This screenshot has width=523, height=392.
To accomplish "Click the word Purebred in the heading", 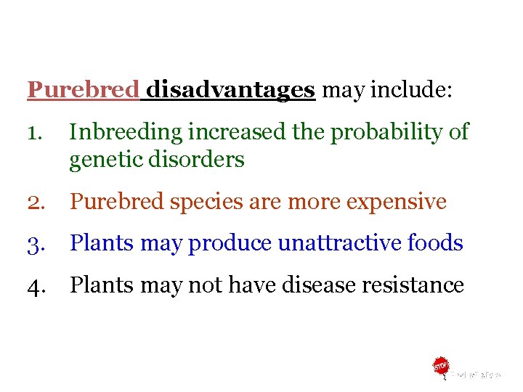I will tap(83, 90).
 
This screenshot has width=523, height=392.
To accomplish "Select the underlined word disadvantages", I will tap(230, 90).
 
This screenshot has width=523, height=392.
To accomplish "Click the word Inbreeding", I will tap(126, 132).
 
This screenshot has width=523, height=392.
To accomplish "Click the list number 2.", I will tap(36, 202).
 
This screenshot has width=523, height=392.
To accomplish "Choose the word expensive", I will tap(397, 202).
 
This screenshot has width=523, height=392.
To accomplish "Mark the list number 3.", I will tap(36, 243).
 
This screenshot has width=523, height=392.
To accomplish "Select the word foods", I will tap(436, 243).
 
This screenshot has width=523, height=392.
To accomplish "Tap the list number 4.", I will tap(36, 285).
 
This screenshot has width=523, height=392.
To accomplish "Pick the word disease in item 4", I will tap(319, 285).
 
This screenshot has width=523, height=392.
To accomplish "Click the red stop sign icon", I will tap(440, 366).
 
